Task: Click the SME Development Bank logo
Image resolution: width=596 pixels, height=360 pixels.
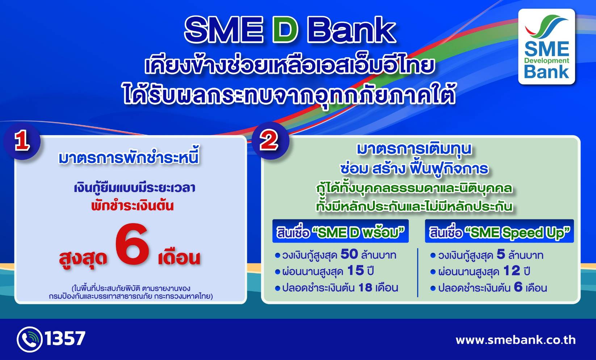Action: point(546,47)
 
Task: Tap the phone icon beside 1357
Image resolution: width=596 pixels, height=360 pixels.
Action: point(29,339)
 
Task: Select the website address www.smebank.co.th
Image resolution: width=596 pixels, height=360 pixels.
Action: point(515,340)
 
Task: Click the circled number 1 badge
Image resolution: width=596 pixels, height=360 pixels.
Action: point(22,141)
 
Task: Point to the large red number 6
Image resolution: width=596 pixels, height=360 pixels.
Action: point(133,244)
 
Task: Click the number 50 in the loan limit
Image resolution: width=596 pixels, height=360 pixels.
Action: point(349,254)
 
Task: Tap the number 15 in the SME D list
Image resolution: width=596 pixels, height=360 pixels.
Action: point(355,271)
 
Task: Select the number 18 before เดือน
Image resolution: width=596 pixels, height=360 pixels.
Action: point(365,288)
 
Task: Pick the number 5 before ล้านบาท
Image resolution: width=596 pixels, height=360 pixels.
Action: point(501,254)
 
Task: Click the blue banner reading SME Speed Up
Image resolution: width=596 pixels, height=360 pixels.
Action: point(499,232)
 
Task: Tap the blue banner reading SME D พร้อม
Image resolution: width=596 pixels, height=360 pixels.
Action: point(340,232)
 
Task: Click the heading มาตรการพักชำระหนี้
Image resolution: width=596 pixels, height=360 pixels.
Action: point(129,158)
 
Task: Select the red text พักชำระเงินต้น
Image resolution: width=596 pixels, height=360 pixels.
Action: point(133,206)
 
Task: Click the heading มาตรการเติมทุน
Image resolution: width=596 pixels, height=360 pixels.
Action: point(414,149)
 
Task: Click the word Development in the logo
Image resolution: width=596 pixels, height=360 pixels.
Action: point(546,60)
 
